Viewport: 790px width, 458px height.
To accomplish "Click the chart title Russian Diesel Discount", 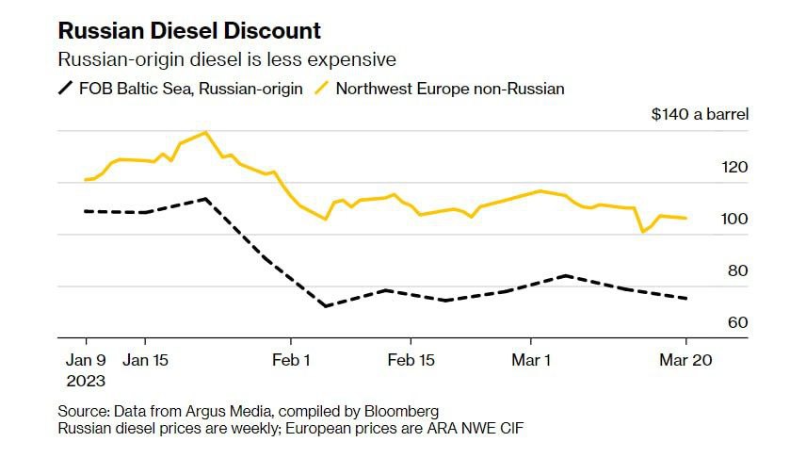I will click(189, 30).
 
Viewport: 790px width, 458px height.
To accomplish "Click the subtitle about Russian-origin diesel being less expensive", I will click(227, 59).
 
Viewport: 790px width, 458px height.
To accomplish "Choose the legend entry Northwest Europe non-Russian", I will click(450, 89).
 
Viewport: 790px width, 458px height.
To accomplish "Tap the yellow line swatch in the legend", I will click(321, 89).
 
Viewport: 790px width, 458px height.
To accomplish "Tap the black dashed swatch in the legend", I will click(65, 89).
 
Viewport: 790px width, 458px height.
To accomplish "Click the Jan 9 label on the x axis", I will click(86, 360).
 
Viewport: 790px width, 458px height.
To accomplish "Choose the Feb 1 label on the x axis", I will click(291, 360).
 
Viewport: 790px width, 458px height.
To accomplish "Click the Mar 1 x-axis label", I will click(532, 360).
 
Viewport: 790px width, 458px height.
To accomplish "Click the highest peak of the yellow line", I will click(205, 132).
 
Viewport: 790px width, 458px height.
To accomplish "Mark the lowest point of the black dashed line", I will click(325, 306).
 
